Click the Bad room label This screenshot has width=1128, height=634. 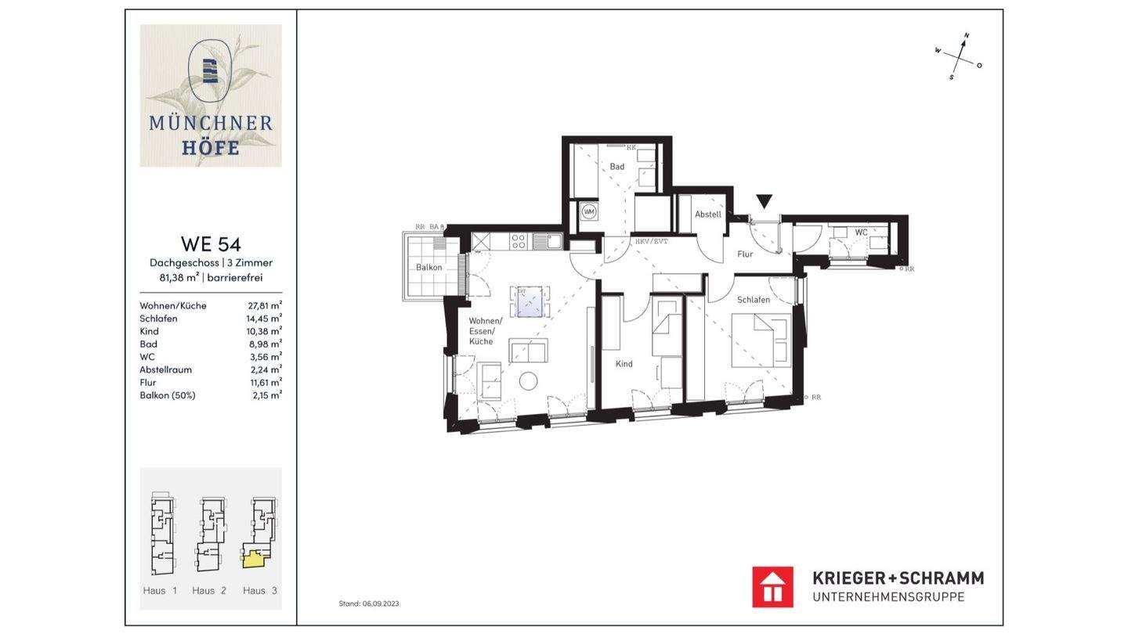[617, 167]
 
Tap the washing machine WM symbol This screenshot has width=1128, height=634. [589, 211]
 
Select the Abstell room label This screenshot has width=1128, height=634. [707, 214]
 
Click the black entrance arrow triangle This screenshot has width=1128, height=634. [765, 201]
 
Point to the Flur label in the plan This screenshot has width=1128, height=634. [745, 254]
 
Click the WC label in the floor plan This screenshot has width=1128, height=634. [861, 232]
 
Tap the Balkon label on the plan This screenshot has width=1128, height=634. [429, 268]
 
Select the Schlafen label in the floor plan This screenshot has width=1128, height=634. [753, 300]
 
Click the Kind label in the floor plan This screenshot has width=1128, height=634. [624, 364]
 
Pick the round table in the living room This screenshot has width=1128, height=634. [529, 381]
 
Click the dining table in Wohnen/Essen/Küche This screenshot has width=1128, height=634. [530, 301]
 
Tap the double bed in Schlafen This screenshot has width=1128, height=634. [761, 340]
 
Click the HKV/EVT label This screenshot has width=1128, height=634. [651, 242]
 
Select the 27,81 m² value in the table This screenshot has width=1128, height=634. [264, 305]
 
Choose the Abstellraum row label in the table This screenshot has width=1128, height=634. [165, 369]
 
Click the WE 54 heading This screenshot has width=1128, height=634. [211, 243]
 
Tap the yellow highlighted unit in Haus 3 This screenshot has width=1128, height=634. [254, 558]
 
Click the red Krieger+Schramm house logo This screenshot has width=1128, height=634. [772, 587]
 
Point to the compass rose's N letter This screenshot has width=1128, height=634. [967, 36]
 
